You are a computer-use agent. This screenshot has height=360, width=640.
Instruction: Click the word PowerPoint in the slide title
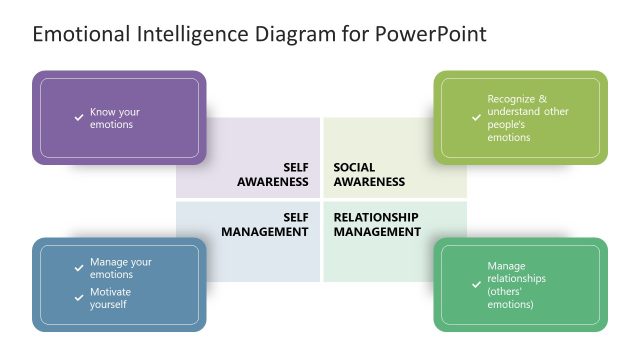[432, 35]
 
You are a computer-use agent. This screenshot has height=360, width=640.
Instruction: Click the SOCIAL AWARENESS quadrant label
[369, 175]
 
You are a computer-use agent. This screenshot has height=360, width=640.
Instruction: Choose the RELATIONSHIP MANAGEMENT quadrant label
[377, 224]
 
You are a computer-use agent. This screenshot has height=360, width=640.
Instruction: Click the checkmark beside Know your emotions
[79, 118]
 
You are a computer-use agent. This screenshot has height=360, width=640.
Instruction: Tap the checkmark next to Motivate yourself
[79, 297]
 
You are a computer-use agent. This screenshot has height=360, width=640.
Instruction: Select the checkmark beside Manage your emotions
[79, 268]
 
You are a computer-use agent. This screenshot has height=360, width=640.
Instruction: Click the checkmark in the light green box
[476, 118]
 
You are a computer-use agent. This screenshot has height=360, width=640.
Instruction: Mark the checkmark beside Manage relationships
[476, 285]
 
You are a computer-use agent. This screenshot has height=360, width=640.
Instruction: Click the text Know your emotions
[111, 118]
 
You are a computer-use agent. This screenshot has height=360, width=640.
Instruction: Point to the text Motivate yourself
[110, 298]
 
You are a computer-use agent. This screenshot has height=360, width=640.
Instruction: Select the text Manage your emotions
[120, 268]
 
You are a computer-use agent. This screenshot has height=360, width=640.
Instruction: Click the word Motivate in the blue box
[110, 292]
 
